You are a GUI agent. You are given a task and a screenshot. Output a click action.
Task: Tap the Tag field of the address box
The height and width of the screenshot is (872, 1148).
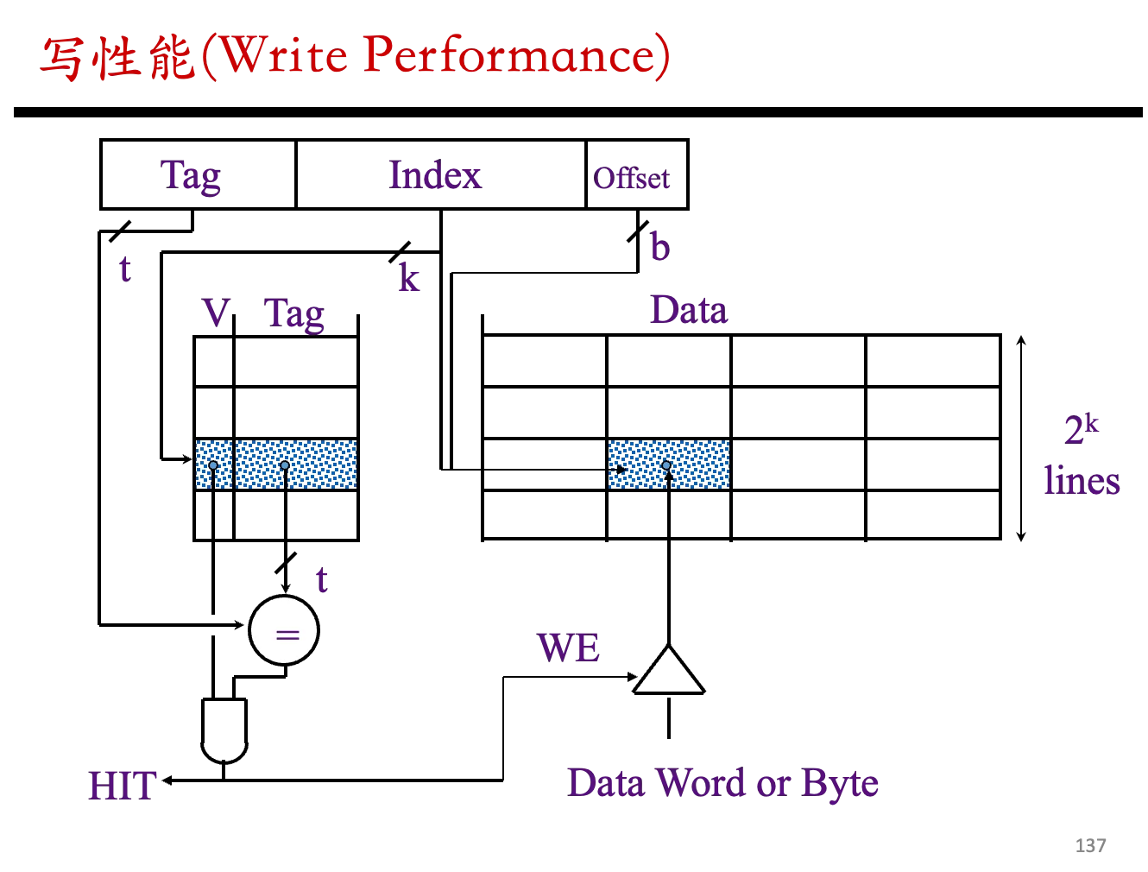[x=197, y=174]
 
